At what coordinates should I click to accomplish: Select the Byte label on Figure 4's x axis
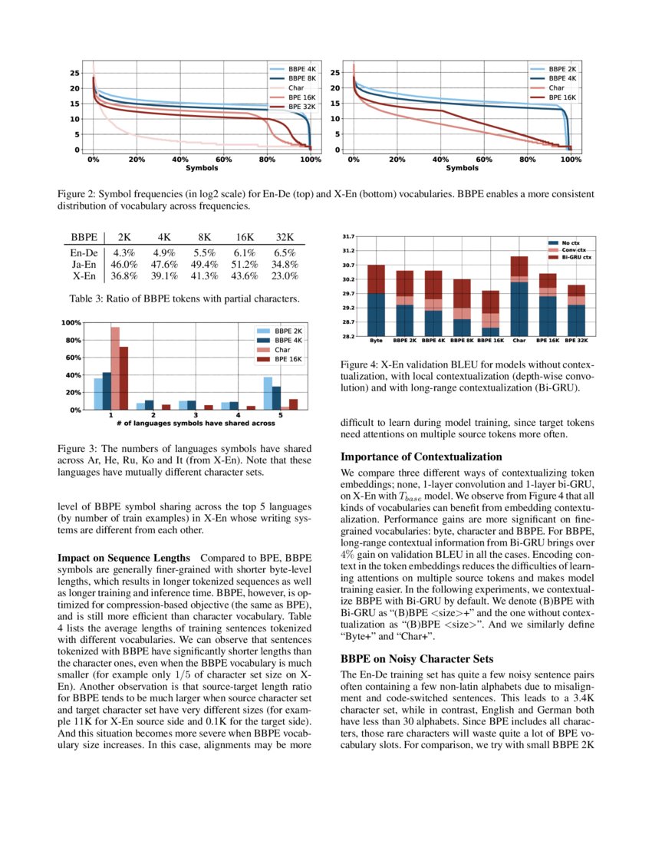[376, 340]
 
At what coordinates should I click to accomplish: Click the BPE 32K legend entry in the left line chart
[293, 107]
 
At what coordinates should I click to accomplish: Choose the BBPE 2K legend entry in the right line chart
[556, 69]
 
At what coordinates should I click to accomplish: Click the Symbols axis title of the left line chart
[201, 168]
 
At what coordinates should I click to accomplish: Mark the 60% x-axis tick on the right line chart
[484, 160]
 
